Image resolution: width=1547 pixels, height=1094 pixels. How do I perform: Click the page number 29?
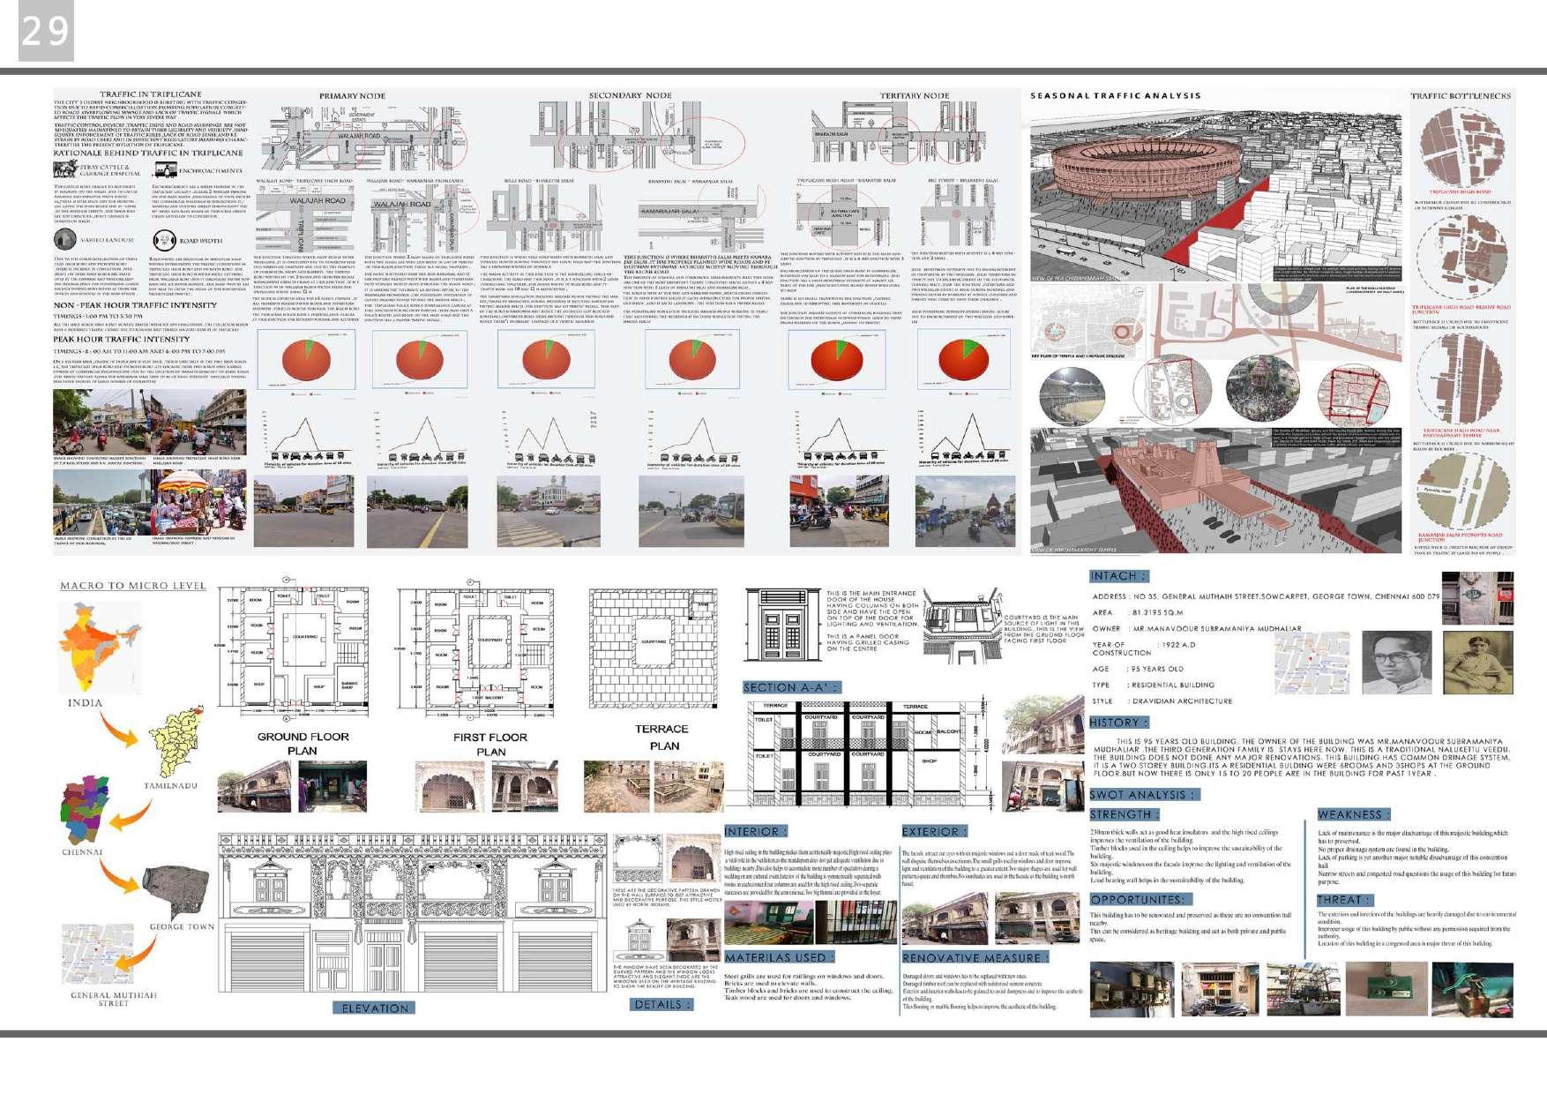point(45,32)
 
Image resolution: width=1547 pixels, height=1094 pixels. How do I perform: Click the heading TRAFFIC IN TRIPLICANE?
point(150,94)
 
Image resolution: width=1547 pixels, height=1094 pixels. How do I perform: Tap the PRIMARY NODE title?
point(352,95)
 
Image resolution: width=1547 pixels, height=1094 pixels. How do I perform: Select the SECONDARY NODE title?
point(630,95)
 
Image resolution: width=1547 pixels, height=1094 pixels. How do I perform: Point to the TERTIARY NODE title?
point(914,95)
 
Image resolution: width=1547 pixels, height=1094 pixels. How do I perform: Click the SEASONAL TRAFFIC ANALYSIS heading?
point(1115,95)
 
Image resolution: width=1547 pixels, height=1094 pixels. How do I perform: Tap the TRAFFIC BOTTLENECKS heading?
point(1460,95)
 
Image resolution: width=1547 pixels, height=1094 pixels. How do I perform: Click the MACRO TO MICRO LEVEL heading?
point(132,586)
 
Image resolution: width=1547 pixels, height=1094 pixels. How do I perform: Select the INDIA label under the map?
point(85,703)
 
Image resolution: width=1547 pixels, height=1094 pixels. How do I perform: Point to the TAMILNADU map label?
point(170,785)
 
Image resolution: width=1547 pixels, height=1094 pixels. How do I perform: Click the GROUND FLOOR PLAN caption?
point(303,743)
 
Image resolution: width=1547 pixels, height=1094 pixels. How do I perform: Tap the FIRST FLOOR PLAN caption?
point(490,744)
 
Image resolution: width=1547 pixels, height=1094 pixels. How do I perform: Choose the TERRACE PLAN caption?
point(661,737)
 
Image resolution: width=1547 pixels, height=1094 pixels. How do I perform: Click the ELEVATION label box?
point(375,1008)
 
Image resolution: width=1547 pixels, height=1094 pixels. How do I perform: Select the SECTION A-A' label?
point(791,687)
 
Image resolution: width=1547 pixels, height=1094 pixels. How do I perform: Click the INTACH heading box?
point(1118,576)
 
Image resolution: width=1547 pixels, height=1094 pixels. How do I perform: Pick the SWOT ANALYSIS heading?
point(1144,794)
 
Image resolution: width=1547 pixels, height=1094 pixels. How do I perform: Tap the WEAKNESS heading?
point(1353,814)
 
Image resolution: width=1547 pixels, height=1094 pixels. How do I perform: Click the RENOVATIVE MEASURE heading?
point(975,957)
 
